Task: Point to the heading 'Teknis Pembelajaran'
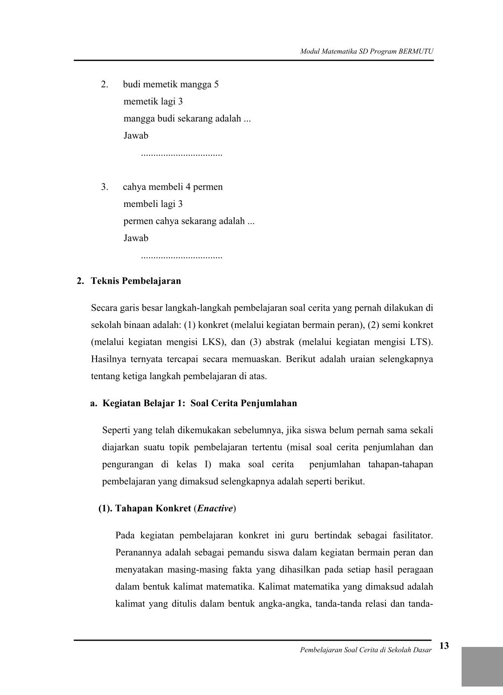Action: (x=136, y=281)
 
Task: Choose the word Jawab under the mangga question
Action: (x=136, y=136)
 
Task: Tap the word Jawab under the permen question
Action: (x=136, y=238)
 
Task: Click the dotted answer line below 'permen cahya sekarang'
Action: (x=181, y=257)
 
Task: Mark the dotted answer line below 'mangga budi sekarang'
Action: (x=181, y=154)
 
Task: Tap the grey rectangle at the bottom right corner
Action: (x=482, y=666)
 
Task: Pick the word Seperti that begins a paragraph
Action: (x=117, y=430)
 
